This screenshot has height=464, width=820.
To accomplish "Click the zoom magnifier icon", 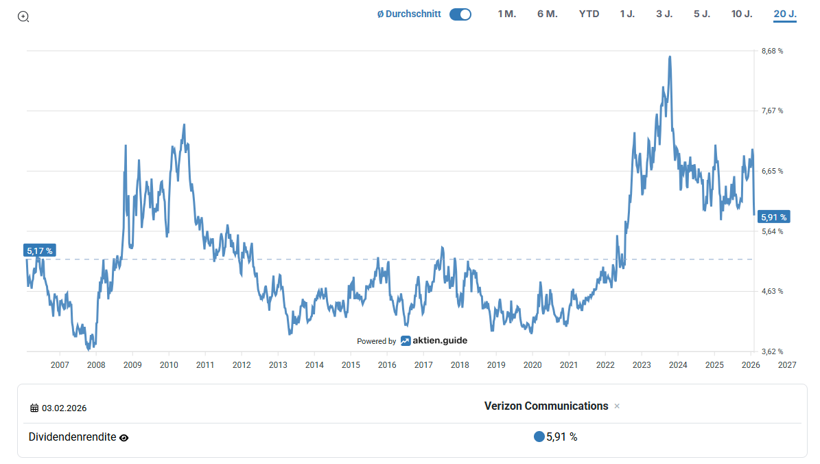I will [x=23, y=16].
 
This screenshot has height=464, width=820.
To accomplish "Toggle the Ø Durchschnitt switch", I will [x=460, y=14].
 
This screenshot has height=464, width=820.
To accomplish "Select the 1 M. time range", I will [x=506, y=14].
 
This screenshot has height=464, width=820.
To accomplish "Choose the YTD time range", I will [x=589, y=14].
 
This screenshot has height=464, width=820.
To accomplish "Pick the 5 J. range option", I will [x=701, y=14].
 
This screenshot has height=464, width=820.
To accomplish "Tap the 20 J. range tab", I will [x=784, y=14].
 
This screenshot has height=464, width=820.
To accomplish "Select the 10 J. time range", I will [x=742, y=14].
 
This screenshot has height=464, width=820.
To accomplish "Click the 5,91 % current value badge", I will [x=774, y=217].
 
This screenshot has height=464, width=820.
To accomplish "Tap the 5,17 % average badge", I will [x=40, y=251].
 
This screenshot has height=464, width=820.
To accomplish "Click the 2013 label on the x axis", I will [x=278, y=364].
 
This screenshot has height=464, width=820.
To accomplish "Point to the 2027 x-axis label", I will [x=787, y=364].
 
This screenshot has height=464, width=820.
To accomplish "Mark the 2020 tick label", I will [x=532, y=364].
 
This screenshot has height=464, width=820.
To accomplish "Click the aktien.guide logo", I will [x=434, y=340].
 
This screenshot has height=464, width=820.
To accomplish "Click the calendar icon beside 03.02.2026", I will [x=34, y=408].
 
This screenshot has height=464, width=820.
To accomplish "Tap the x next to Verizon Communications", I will [x=617, y=406].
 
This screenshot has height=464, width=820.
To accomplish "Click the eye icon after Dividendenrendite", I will [x=124, y=437].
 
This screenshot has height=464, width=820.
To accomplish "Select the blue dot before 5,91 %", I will [x=539, y=437].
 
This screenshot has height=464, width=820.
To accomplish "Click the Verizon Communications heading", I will [x=546, y=406].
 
